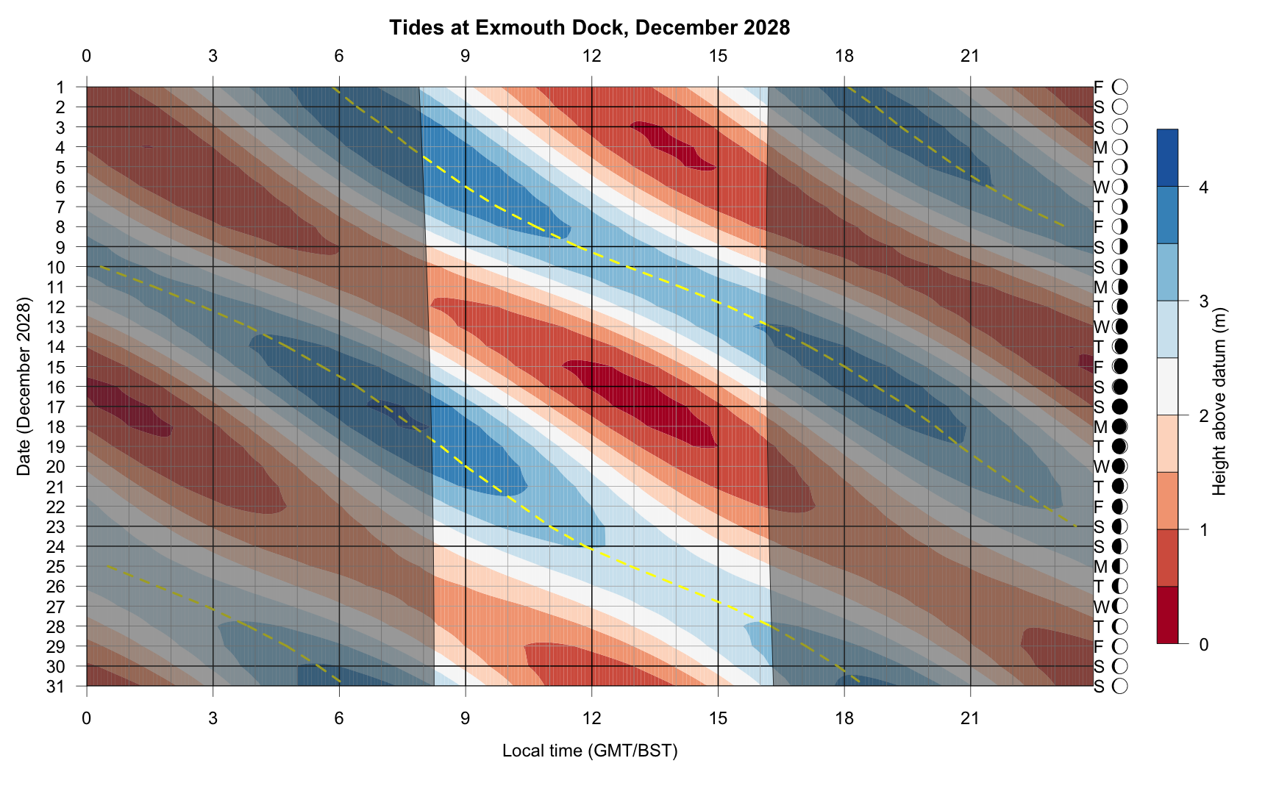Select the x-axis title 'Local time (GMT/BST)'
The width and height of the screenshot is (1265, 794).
click(x=589, y=751)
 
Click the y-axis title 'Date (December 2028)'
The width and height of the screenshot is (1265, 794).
click(x=24, y=387)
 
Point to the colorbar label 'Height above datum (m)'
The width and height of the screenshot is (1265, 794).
click(x=1219, y=401)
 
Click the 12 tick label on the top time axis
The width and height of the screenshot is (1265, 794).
click(x=591, y=56)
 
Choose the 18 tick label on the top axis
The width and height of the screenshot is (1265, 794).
click(x=844, y=56)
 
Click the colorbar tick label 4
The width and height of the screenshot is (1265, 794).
click(x=1203, y=187)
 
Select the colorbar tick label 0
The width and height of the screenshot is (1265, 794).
click(x=1203, y=645)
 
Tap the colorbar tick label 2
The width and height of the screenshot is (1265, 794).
click(x=1203, y=416)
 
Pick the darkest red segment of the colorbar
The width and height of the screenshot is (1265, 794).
click(x=1167, y=615)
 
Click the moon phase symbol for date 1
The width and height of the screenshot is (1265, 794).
click(x=1120, y=87)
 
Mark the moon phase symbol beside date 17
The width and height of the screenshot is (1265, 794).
click(x=1120, y=407)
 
